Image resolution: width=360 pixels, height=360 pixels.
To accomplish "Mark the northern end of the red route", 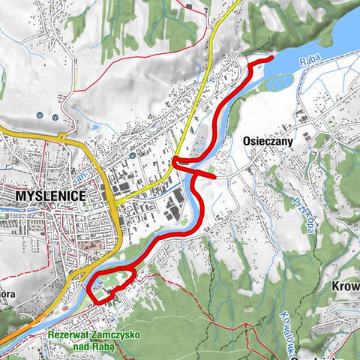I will point(270,58).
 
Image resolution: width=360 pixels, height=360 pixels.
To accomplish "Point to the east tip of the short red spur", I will point(214,176).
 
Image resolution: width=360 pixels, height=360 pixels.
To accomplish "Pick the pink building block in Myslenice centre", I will point(88,247).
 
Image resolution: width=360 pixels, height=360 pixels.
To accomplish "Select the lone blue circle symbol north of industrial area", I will point(130,156).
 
